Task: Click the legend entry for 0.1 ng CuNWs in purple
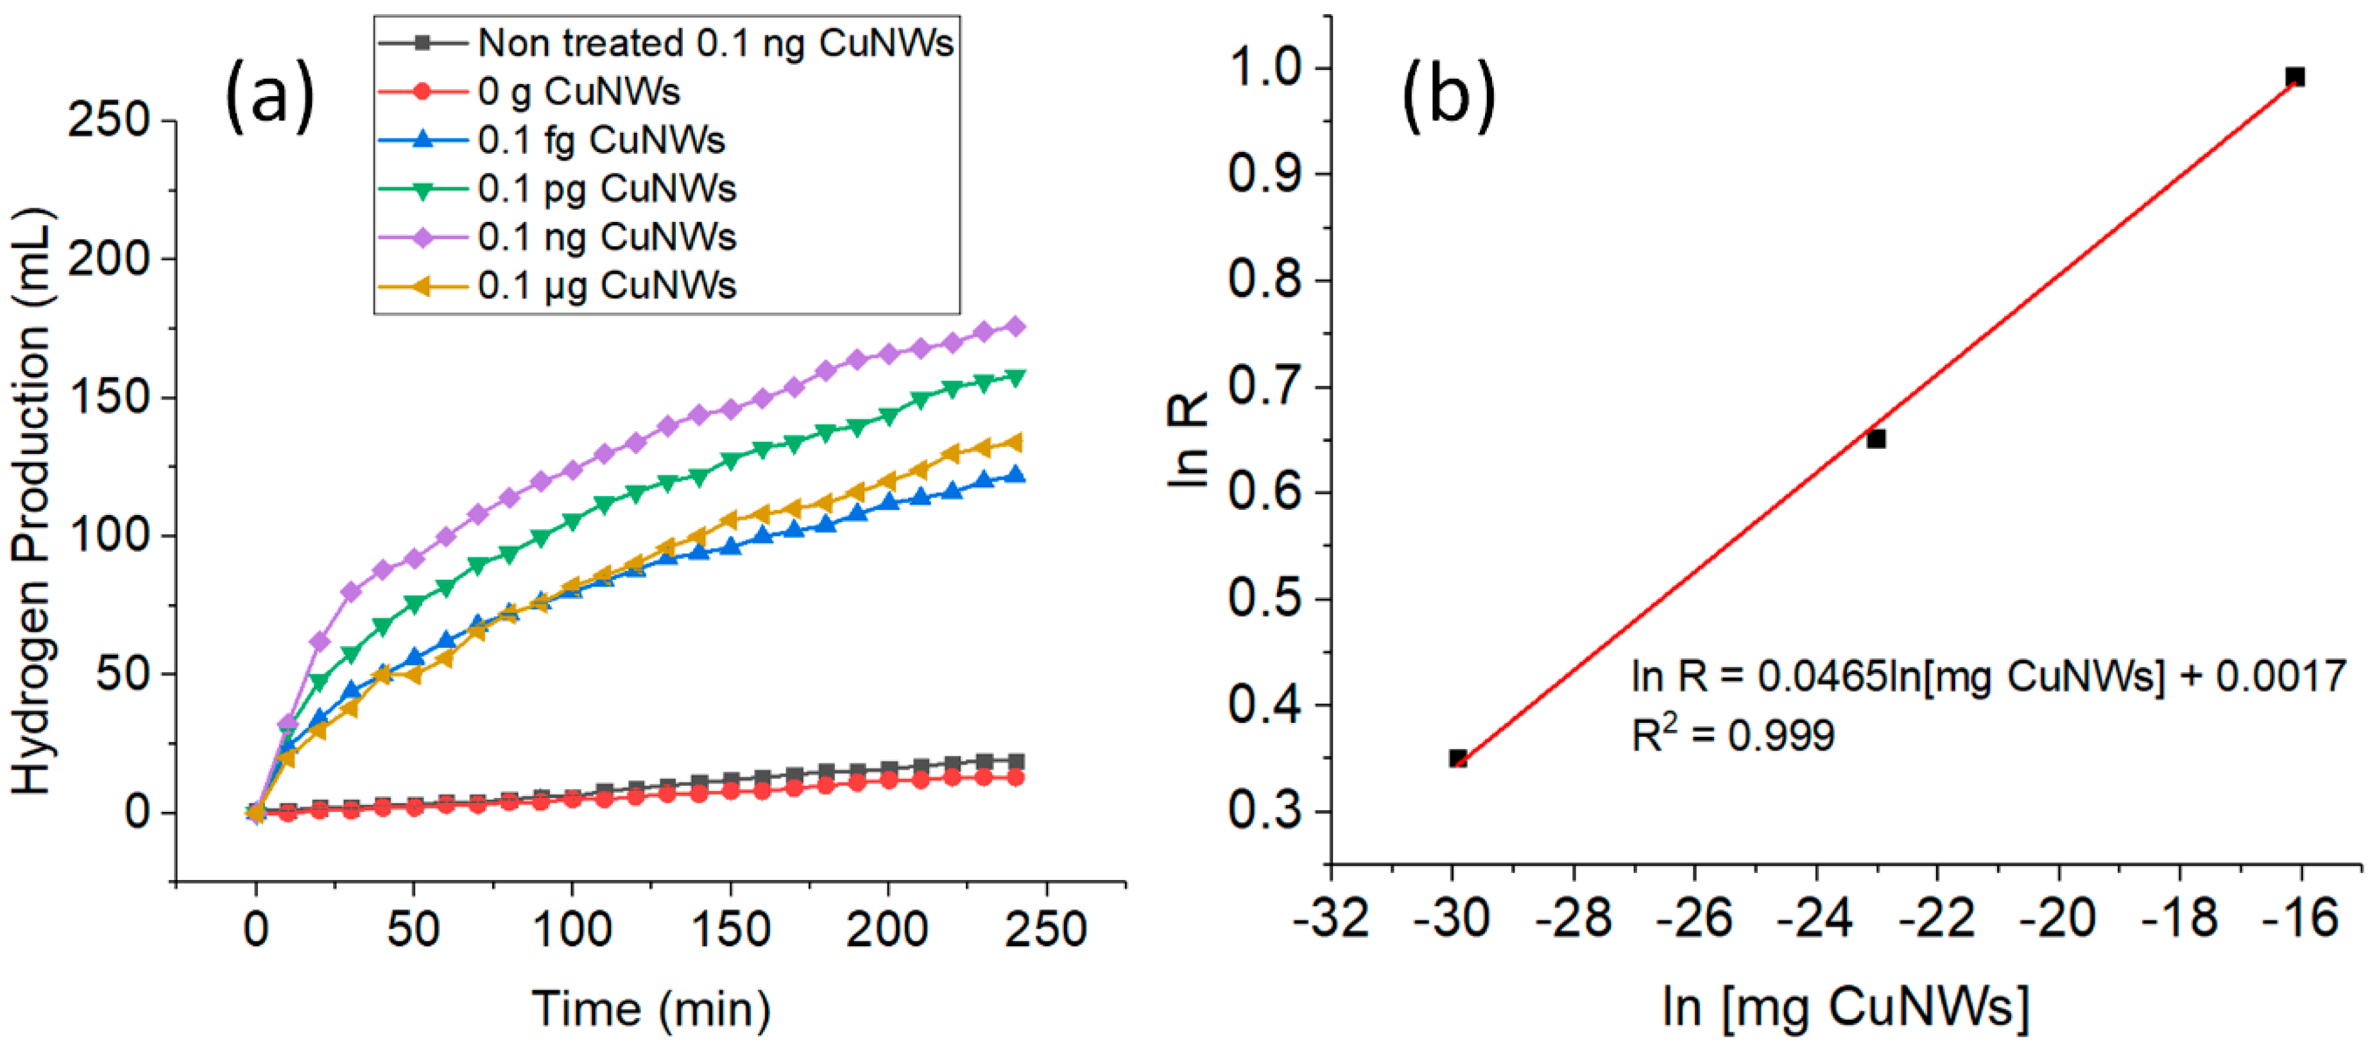(x=606, y=238)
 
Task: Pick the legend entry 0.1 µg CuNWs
(x=606, y=287)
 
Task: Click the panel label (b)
(x=1448, y=95)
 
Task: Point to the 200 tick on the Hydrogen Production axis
(x=109, y=259)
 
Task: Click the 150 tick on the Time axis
(x=730, y=929)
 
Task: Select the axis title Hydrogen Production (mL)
(x=33, y=503)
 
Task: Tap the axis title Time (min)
(x=651, y=1008)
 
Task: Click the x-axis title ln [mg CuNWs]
(x=1846, y=1006)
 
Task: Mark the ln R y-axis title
(x=1189, y=439)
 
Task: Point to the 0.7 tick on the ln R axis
(x=1269, y=387)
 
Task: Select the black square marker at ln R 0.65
(x=1876, y=439)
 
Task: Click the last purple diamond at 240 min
(x=1015, y=326)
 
